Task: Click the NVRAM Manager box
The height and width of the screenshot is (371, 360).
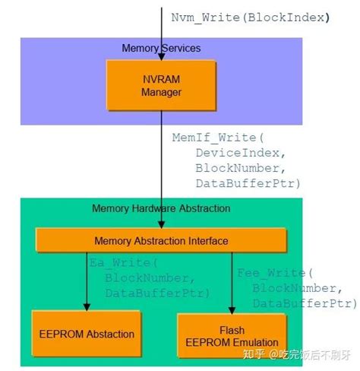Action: [x=162, y=85]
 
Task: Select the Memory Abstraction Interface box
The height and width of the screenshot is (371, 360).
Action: [x=160, y=241]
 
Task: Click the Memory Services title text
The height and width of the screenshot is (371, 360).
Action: [x=161, y=48]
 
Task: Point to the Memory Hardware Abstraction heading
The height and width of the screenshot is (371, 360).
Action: [x=161, y=208]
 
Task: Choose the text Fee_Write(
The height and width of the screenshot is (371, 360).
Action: [x=273, y=273]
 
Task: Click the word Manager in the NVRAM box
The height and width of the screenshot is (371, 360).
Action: [x=162, y=93]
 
